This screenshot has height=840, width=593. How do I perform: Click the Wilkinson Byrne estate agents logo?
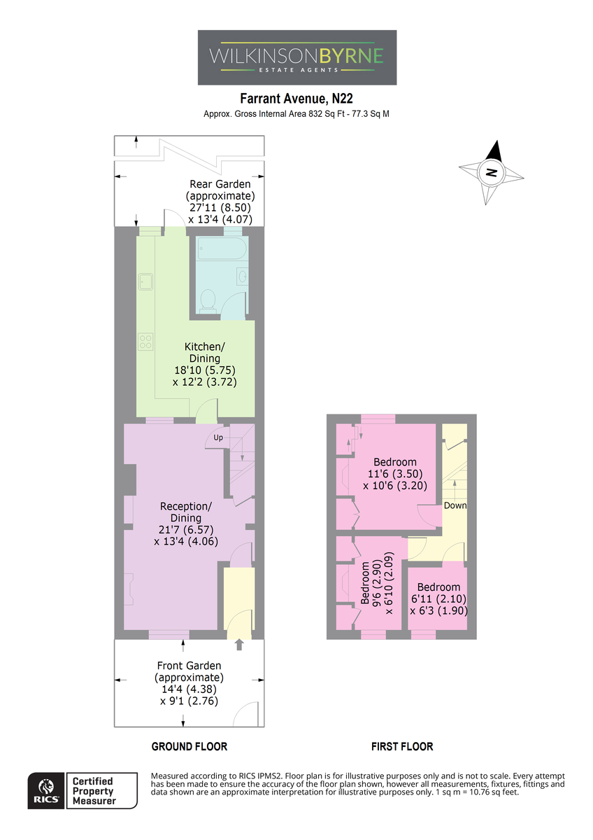tap(297, 57)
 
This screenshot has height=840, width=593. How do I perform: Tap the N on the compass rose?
tap(491, 173)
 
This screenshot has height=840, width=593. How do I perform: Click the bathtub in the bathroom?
tap(222, 248)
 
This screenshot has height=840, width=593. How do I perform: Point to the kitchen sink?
tap(145, 281)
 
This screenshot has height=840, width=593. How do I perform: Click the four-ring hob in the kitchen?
tap(145, 342)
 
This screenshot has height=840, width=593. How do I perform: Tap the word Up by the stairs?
tap(218, 437)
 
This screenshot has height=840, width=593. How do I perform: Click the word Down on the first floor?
tap(455, 505)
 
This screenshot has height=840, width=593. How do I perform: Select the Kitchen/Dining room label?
tap(204, 352)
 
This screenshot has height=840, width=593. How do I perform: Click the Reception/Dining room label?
tap(186, 512)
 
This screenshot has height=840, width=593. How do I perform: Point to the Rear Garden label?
tap(220, 190)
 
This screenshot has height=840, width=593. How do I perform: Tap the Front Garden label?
tap(190, 671)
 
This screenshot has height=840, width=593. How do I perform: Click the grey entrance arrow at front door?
tap(239, 645)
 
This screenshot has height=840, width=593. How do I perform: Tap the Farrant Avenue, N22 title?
tap(296, 98)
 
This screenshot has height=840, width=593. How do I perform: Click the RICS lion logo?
tap(47, 791)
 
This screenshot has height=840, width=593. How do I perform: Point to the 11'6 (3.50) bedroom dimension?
tap(395, 474)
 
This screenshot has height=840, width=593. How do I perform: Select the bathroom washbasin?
tap(242, 276)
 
